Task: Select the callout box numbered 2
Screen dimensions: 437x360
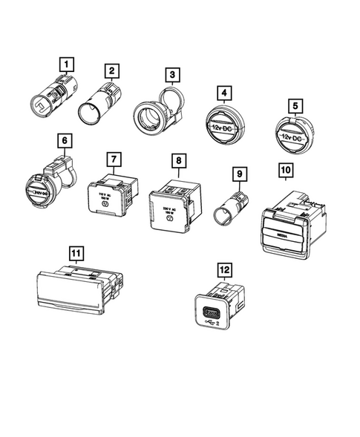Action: [111, 71]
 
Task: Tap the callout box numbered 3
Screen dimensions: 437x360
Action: [171, 75]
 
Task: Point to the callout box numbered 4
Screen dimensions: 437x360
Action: [222, 93]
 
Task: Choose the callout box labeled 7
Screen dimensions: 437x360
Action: [113, 160]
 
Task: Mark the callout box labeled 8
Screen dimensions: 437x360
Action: [177, 160]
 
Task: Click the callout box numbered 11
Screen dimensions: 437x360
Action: [75, 253]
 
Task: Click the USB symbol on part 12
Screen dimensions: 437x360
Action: [214, 323]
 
